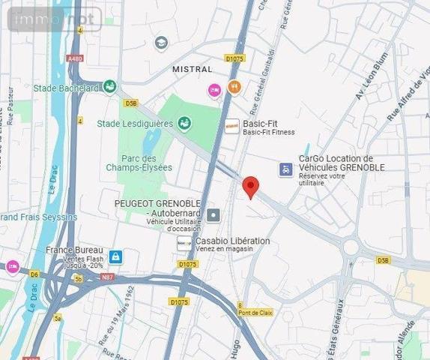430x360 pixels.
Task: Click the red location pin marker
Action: [250, 187]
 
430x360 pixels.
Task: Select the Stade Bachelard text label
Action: [66, 88]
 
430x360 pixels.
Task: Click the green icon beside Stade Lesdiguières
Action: [184, 123]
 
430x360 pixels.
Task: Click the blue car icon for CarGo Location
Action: [285, 169]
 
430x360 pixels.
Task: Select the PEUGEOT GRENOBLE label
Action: [157, 203]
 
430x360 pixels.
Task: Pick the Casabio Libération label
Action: [232, 241]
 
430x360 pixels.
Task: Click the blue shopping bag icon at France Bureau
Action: [115, 257]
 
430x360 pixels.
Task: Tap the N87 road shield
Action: [108, 277]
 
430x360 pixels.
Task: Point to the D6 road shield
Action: [34, 274]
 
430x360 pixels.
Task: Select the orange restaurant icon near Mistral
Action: [234, 87]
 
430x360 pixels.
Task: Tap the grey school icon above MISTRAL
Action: [160, 43]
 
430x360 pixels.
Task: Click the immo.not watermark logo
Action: [54, 18]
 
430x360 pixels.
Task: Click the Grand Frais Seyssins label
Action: [39, 217]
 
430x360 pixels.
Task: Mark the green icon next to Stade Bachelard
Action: [109, 87]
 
